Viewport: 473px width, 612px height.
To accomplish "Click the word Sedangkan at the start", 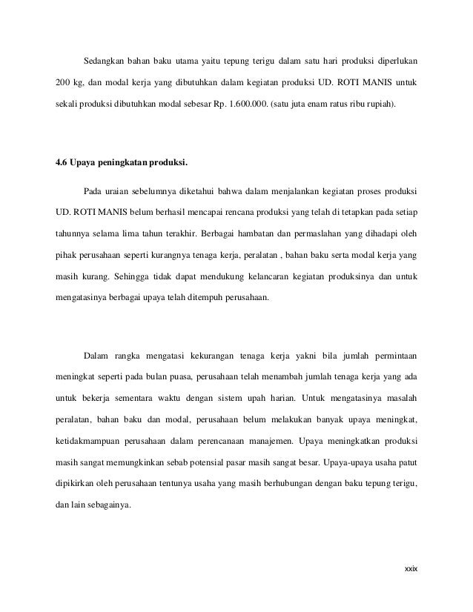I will tap(102, 59).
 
